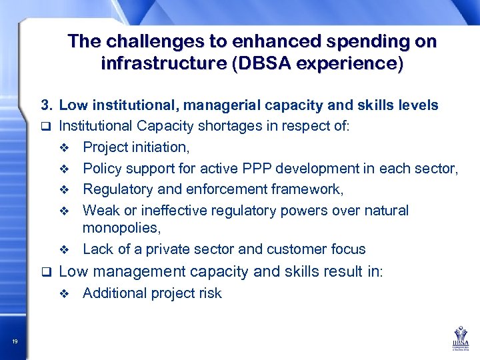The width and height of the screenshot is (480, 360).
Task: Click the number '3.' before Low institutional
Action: click(x=46, y=105)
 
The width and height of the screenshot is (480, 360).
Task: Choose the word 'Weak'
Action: click(x=100, y=211)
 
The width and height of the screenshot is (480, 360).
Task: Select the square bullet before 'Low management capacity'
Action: click(x=45, y=272)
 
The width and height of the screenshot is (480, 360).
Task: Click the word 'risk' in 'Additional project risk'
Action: click(x=209, y=293)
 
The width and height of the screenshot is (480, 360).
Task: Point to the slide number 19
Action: click(x=15, y=342)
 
